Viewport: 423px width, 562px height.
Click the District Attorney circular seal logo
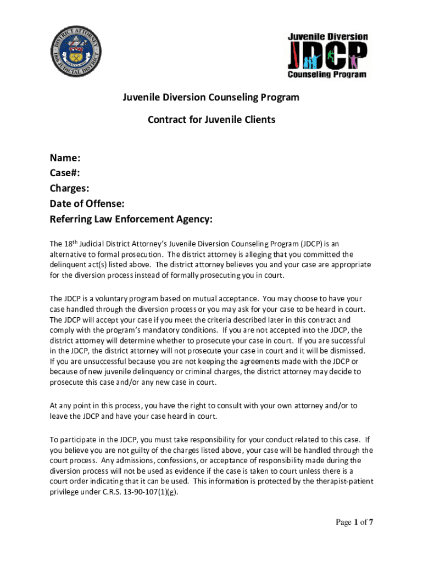[x=76, y=51]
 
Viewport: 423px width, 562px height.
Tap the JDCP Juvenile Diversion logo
[x=328, y=55]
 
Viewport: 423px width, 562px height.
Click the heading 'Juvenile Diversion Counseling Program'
[x=211, y=98]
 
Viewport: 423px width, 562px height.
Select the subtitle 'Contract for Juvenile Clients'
[x=211, y=119]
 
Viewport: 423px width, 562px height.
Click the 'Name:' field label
[x=65, y=159]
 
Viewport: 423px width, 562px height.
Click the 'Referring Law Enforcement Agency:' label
[x=131, y=220]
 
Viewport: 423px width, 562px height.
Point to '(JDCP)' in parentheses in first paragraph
[x=314, y=244]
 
